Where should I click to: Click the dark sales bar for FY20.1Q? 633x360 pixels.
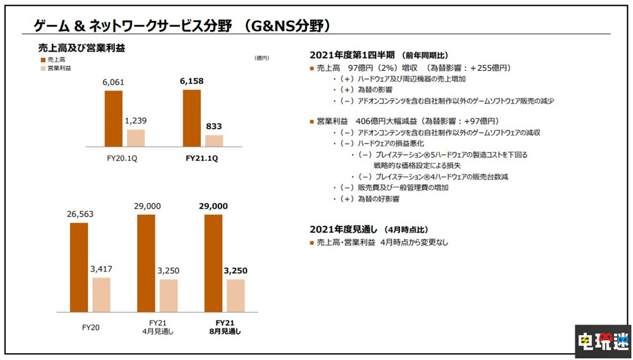(114, 119)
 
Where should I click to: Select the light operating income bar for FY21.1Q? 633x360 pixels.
(214, 140)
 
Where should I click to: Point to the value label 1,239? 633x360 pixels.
(136, 121)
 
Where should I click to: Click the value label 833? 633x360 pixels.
(214, 127)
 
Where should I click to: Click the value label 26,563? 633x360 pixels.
(79, 214)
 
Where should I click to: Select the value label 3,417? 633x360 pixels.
(101, 270)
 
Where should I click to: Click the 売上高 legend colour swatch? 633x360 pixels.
(42, 58)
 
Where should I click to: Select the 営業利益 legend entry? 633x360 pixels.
(58, 68)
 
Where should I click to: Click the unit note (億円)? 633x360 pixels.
(261, 58)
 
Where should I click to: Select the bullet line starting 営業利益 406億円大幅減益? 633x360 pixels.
(408, 121)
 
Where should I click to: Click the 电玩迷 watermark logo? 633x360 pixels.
(601, 342)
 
